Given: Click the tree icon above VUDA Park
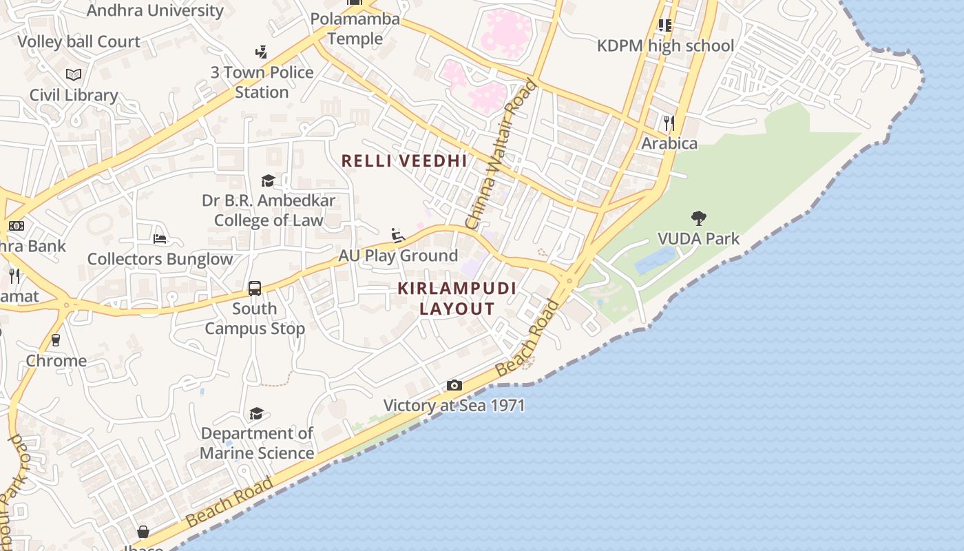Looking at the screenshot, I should pyautogui.click(x=698, y=219).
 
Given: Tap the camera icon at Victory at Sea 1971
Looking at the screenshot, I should pyautogui.click(x=454, y=385).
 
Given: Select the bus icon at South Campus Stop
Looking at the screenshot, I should pyautogui.click(x=255, y=288).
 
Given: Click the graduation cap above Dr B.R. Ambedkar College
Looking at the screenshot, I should pyautogui.click(x=268, y=180).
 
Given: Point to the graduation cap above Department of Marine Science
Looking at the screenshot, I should pyautogui.click(x=257, y=413).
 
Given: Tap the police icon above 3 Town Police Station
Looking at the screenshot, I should pyautogui.click(x=261, y=52).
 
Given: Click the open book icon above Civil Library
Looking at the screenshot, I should pyautogui.click(x=74, y=74).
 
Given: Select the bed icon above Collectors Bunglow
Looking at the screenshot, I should pyautogui.click(x=160, y=239).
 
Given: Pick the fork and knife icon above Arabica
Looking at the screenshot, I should pyautogui.click(x=669, y=123).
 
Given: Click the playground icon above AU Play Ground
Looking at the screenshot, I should pyautogui.click(x=398, y=236).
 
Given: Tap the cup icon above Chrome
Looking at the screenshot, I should pyautogui.click(x=56, y=340).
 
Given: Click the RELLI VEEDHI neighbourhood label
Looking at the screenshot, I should pyautogui.click(x=404, y=161).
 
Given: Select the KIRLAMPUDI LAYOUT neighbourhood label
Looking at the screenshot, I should pyautogui.click(x=457, y=298).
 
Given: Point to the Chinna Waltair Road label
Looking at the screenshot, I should pyautogui.click(x=501, y=154).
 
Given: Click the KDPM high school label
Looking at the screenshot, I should pyautogui.click(x=665, y=46).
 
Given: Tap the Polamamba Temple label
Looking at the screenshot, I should pyautogui.click(x=355, y=29).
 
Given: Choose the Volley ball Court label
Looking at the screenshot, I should pyautogui.click(x=78, y=41).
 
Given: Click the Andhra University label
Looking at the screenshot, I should pyautogui.click(x=155, y=10).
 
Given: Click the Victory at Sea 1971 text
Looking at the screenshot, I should pyautogui.click(x=454, y=405).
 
